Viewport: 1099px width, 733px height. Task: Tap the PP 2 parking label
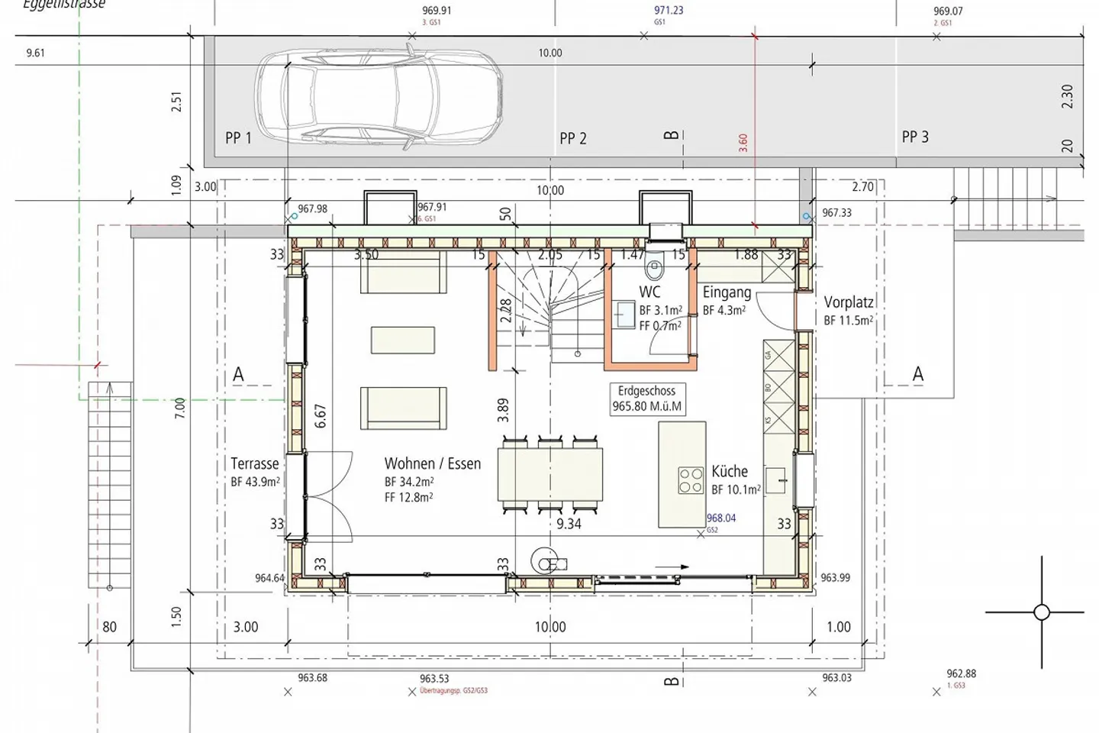coord(573,138)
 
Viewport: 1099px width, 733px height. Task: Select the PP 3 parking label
coord(915,137)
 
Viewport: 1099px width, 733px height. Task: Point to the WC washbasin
coord(625,314)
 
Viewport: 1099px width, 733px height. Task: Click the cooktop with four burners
coord(691,480)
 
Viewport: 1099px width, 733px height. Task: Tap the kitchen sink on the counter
coord(775,480)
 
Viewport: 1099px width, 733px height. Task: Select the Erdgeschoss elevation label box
coord(647,399)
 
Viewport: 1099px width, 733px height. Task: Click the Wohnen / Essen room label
coord(432,463)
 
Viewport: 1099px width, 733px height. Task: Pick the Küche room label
coord(730,471)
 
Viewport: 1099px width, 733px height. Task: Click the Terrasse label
coord(255,463)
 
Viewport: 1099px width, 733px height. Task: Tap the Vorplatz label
coord(849,302)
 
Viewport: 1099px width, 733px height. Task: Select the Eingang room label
coord(727,292)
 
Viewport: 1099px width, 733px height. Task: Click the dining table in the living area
coord(549,474)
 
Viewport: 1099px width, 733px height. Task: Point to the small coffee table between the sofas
coord(403,340)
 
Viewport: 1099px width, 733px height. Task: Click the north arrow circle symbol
coord(1042,612)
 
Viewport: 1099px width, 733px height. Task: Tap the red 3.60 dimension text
coord(743,144)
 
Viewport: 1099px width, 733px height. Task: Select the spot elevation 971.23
coord(669,11)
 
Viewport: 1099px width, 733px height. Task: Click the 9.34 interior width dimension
coord(569,524)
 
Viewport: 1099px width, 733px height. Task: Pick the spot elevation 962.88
coord(961,673)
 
